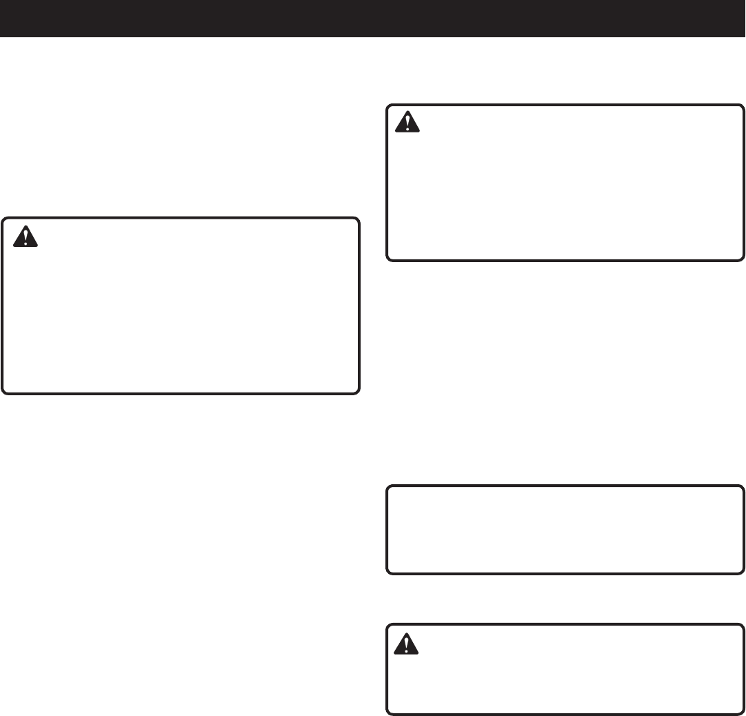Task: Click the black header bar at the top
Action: tap(372, 18)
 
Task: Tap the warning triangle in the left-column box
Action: tap(26, 237)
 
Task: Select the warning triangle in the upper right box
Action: tap(407, 122)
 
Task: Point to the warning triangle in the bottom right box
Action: tap(407, 644)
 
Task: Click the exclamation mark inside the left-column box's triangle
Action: tap(26, 238)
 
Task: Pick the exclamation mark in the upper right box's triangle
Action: tap(407, 123)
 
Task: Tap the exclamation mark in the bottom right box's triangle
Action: tap(407, 645)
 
